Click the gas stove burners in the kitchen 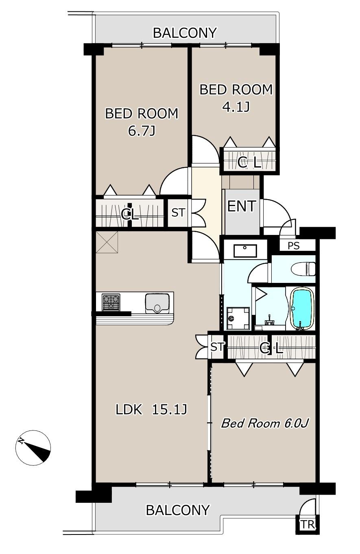pyautogui.click(x=111, y=302)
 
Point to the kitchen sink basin pyautogui.click(x=157, y=303)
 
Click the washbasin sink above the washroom pyautogui.click(x=245, y=251)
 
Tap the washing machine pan pyautogui.click(x=238, y=318)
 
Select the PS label pyautogui.click(x=294, y=246)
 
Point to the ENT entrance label pyautogui.click(x=241, y=206)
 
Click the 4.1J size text pyautogui.click(x=236, y=107)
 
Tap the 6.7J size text pyautogui.click(x=142, y=131)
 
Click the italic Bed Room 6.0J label pyautogui.click(x=265, y=424)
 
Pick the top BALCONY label pyautogui.click(x=185, y=33)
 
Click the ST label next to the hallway pyautogui.click(x=178, y=213)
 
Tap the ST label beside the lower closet pyautogui.click(x=217, y=347)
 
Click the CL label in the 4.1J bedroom pyautogui.click(x=249, y=163)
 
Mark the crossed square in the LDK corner pyautogui.click(x=107, y=242)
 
